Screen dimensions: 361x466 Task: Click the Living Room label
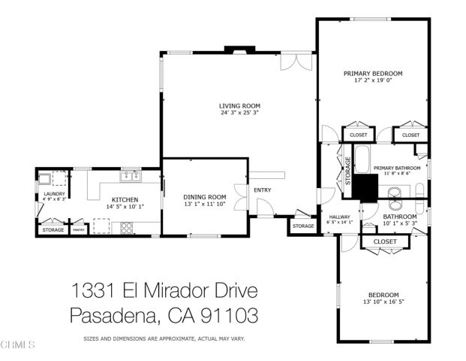tap(239, 106)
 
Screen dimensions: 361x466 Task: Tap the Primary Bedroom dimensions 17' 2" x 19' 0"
tap(373, 80)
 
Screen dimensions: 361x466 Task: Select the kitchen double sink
tap(131, 177)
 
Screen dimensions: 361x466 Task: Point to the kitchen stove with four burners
tap(126, 226)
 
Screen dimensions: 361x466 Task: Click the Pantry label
tap(78, 230)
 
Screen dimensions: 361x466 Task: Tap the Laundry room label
tap(54, 194)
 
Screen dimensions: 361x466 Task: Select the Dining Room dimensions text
tap(205, 204)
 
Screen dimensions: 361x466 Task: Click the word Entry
tap(263, 190)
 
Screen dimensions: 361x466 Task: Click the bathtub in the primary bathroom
tap(362, 159)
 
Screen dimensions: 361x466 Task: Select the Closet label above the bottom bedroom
tap(384, 241)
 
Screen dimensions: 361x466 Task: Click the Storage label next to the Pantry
tap(53, 230)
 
